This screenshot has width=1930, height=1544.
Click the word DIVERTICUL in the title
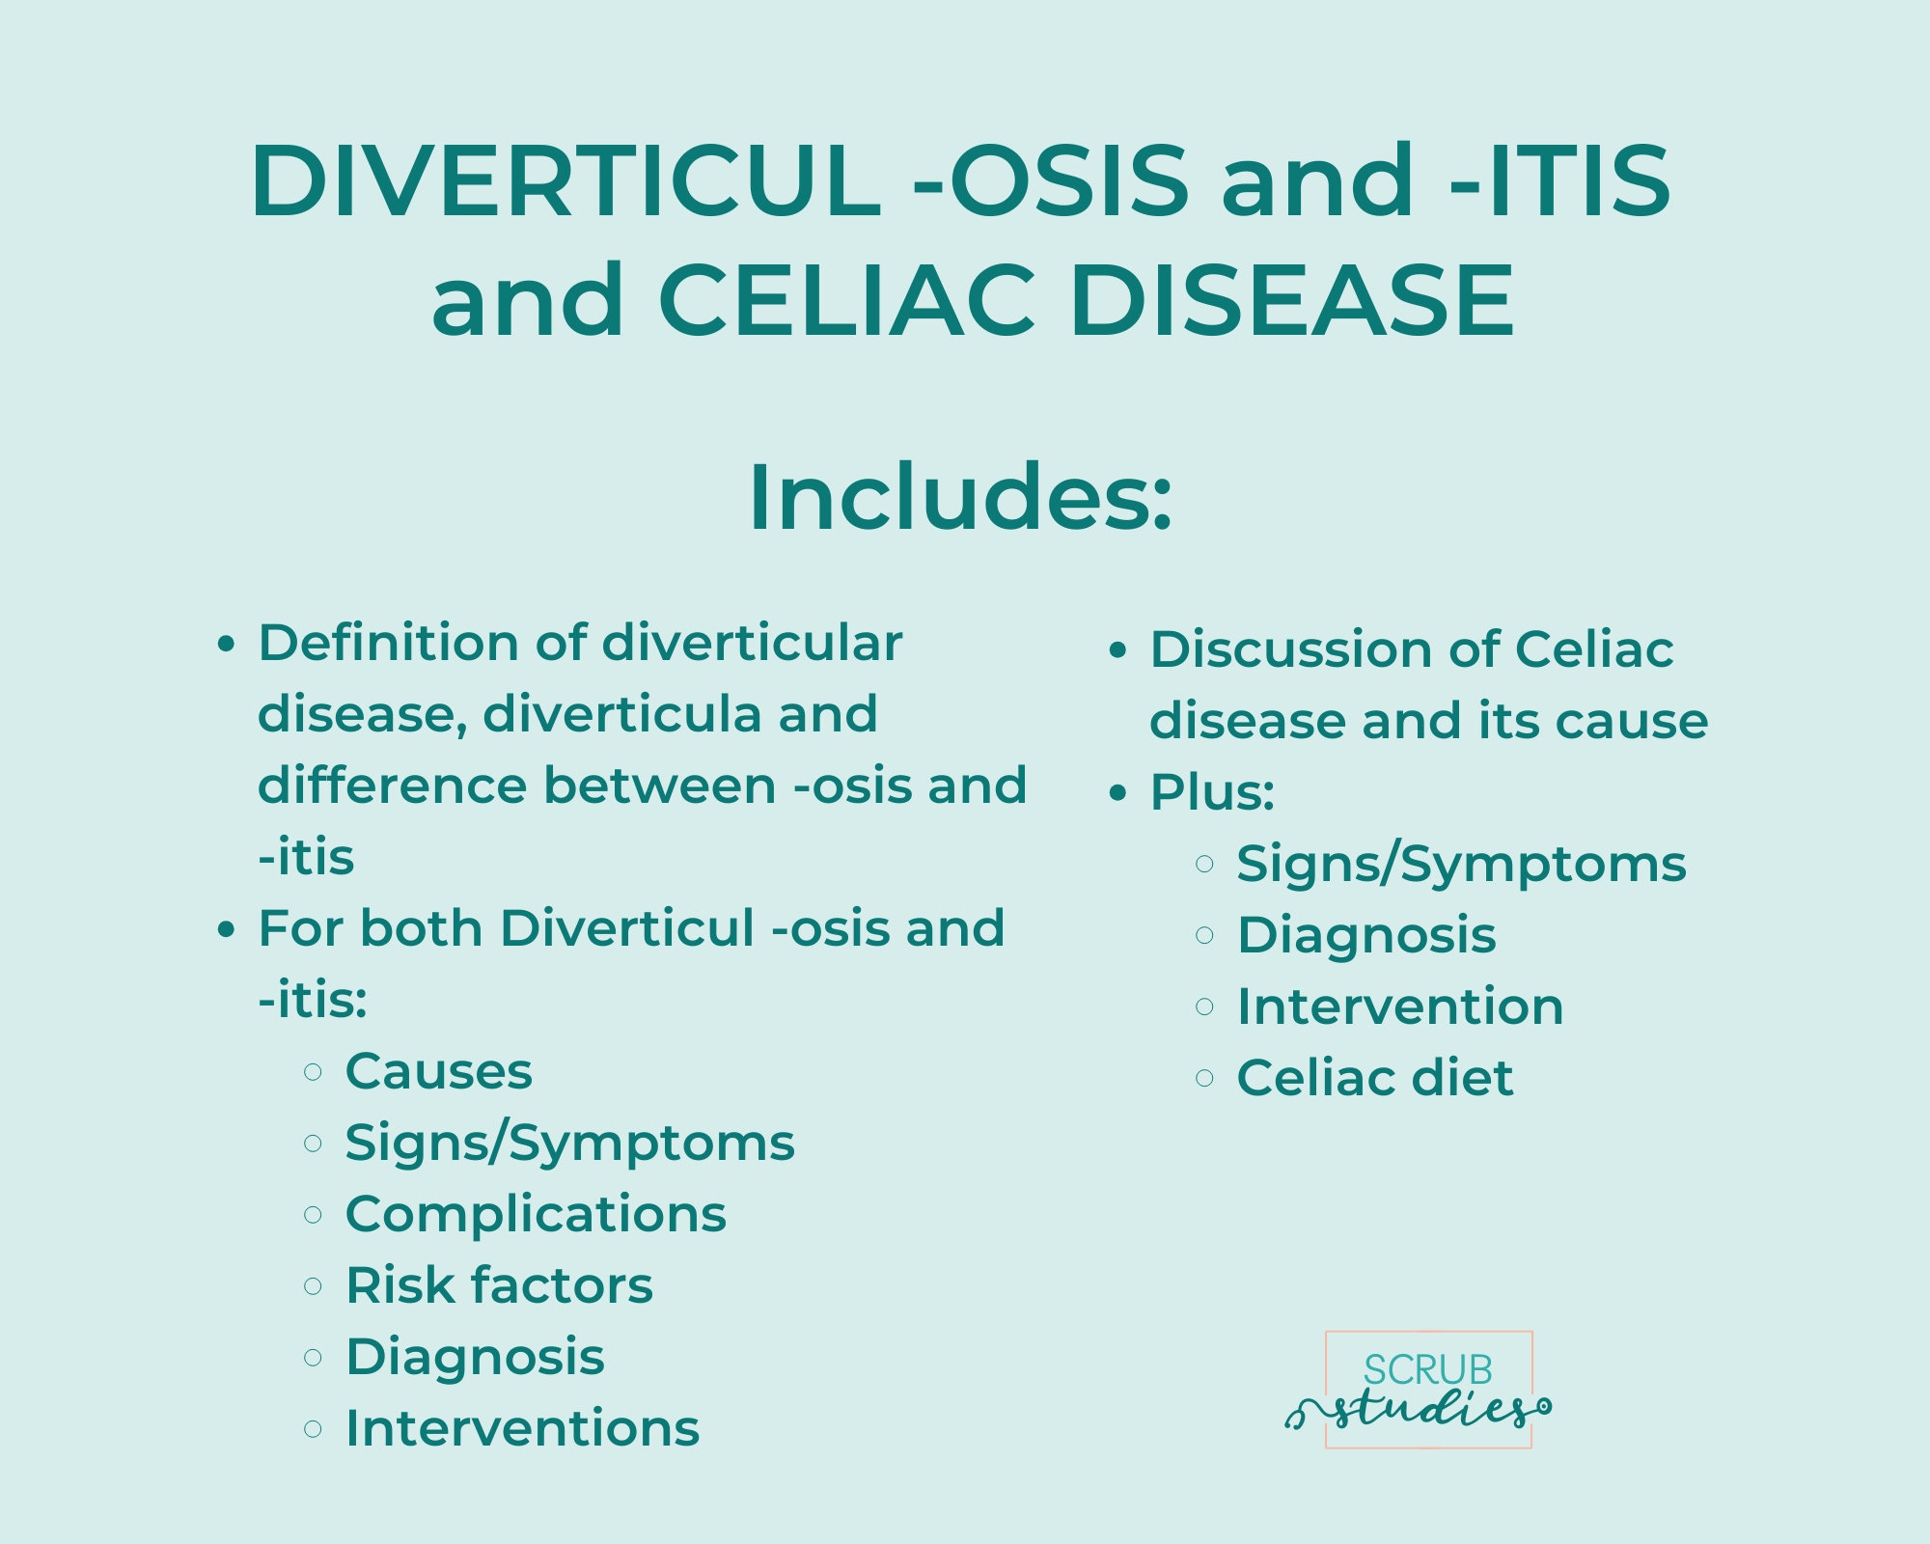pyautogui.click(x=565, y=181)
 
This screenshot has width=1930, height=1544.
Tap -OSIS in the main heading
pyautogui.click(x=1051, y=181)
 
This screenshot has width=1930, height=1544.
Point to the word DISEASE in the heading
pyautogui.click(x=1292, y=300)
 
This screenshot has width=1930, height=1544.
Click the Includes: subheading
pyautogui.click(x=960, y=497)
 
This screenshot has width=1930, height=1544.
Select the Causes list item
pyautogui.click(x=438, y=1071)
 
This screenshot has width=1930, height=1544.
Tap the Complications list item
pyautogui.click(x=536, y=1214)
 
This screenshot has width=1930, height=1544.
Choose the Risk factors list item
pyautogui.click(x=499, y=1285)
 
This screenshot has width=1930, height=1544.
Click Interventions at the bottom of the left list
pyautogui.click(x=522, y=1428)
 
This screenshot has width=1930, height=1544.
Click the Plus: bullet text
pyautogui.click(x=1212, y=792)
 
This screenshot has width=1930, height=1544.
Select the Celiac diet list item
pyautogui.click(x=1375, y=1078)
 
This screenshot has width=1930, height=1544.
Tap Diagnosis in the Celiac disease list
pyautogui.click(x=1366, y=935)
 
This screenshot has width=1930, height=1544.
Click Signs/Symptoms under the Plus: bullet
pyautogui.click(x=1461, y=864)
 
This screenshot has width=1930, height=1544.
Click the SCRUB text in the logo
pyautogui.click(x=1427, y=1370)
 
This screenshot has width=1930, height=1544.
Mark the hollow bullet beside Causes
pyautogui.click(x=313, y=1072)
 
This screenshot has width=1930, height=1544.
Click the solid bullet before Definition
pyautogui.click(x=226, y=645)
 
